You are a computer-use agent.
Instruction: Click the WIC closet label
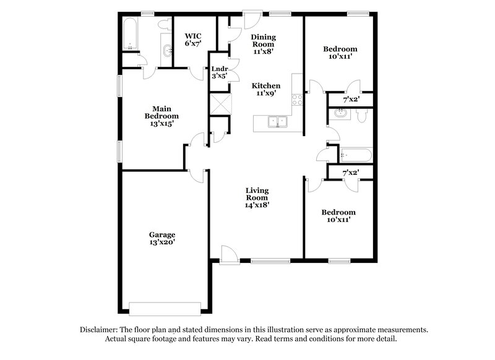[192, 40]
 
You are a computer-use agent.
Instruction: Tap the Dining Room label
[263, 45]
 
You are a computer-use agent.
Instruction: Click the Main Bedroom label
[161, 116]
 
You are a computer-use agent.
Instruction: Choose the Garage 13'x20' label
[161, 239]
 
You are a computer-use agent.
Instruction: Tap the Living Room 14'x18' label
[256, 197]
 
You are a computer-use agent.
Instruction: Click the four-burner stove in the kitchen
[297, 99]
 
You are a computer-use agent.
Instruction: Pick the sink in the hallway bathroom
[339, 113]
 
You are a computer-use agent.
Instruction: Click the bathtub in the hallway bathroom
[355, 155]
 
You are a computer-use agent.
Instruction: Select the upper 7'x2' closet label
[350, 98]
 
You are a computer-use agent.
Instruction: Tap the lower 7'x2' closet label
[350, 173]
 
